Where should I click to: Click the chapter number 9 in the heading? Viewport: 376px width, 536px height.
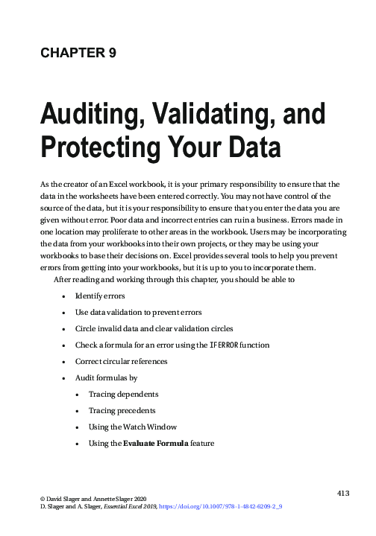click(112, 53)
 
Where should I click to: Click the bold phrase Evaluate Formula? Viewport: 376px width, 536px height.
click(157, 444)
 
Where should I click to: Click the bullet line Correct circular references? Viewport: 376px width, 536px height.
click(121, 362)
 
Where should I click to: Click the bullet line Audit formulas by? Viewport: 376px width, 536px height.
click(106, 378)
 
